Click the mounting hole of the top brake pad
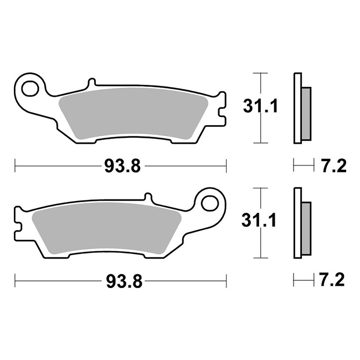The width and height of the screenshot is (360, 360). tap(30, 88)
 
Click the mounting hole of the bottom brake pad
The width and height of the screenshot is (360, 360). tap(209, 203)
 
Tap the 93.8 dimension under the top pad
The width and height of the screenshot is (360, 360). tap(122, 166)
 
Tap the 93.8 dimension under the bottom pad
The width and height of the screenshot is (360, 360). tap(124, 281)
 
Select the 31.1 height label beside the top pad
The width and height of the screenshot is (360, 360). tap(261, 106)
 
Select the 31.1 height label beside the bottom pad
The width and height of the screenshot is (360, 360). tap(259, 220)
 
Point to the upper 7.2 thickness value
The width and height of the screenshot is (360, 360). tap(333, 166)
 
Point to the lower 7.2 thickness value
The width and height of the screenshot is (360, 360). tap(332, 280)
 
